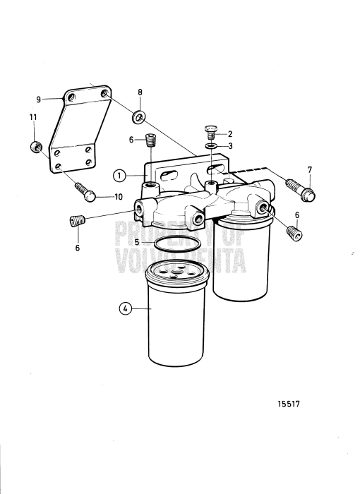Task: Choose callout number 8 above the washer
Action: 140,92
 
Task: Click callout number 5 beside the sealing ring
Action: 138,241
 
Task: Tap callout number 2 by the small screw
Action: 229,133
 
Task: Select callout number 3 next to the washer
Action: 229,145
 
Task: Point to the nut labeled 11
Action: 33,147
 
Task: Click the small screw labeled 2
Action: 210,131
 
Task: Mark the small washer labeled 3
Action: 210,145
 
